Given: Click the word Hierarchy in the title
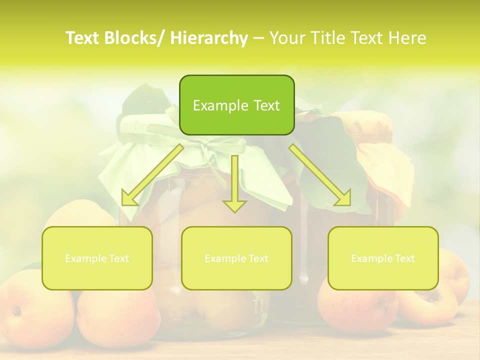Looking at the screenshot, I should pos(209,38).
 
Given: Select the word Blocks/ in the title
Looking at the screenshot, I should pos(136,38).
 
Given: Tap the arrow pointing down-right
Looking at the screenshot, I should pos(320,175).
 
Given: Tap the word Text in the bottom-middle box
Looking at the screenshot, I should pos(257,258).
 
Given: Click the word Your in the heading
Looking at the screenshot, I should pos(287,38).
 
